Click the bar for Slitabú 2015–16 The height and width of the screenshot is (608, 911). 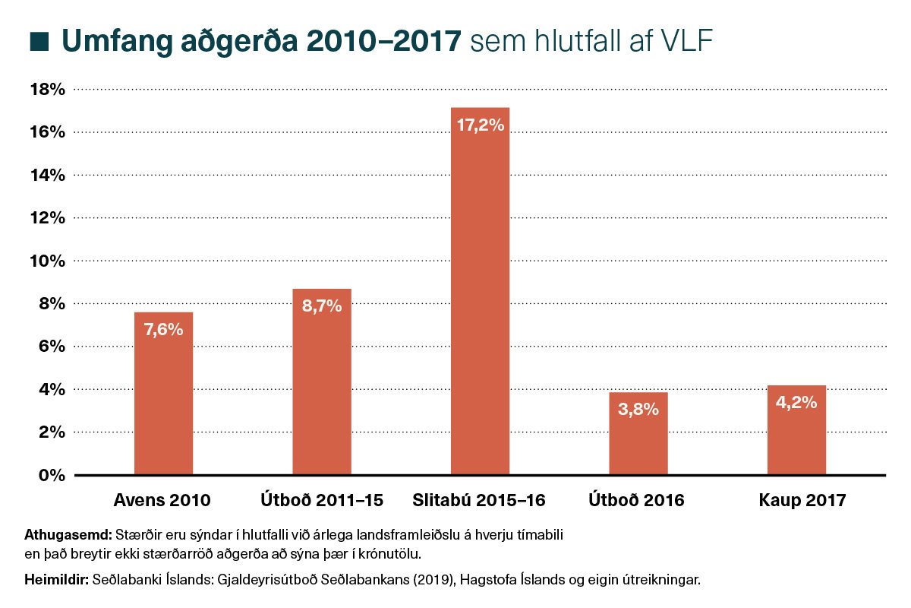[x=480, y=304]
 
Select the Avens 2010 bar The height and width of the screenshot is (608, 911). [x=163, y=403]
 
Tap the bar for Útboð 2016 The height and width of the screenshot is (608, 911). [x=638, y=441]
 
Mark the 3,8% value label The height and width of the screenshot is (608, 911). [x=638, y=410]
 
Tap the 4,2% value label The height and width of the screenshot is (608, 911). [x=796, y=403]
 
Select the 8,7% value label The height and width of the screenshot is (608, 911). [x=322, y=306]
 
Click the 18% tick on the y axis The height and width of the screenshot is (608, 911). [x=47, y=90]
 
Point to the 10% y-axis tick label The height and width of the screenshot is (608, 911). [x=47, y=261]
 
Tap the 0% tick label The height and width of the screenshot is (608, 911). [x=52, y=476]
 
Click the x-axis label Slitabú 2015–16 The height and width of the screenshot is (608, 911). [x=480, y=501]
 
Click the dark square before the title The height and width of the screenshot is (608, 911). [x=39, y=41]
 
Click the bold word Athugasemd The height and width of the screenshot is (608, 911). [x=68, y=533]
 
